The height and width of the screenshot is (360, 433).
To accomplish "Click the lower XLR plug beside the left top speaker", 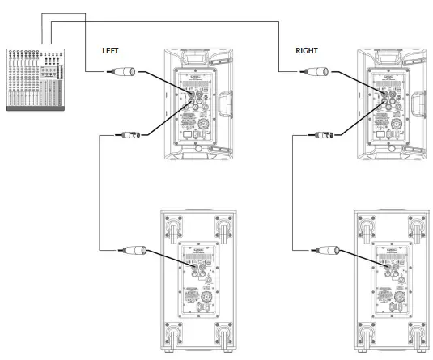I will coord(130,133).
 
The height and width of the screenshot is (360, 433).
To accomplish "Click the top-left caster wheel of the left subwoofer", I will coord(172,227).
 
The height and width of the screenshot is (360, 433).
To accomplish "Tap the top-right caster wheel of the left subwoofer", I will coord(221,227).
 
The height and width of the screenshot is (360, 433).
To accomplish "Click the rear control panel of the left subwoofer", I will coord(197,280).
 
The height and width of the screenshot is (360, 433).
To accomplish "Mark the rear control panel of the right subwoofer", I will coord(391,280).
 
